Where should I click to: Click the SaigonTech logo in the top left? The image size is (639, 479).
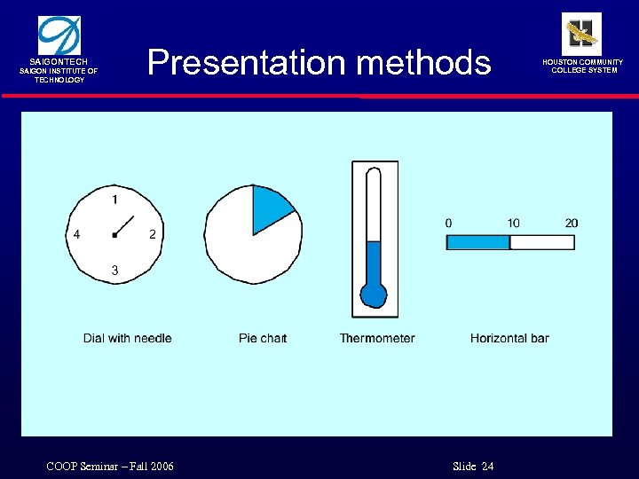59,36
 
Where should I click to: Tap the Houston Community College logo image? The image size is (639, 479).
581,34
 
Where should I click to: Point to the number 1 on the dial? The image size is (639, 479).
114,198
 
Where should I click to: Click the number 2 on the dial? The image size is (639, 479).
153,234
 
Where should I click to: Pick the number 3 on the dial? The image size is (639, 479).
114,270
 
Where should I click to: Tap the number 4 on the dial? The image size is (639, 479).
77,234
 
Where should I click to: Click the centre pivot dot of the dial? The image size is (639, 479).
114,234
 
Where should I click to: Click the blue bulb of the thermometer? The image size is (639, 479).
374,294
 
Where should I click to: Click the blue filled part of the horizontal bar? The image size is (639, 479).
477,242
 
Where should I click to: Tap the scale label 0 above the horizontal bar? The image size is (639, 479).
448,223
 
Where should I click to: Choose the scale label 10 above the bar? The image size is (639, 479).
513,223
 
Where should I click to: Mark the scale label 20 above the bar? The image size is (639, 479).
572,223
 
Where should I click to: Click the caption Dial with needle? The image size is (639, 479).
127,338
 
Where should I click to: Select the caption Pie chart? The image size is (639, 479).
263,338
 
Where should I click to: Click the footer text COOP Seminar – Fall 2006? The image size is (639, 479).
109,467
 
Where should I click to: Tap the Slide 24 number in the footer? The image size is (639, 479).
473,467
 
